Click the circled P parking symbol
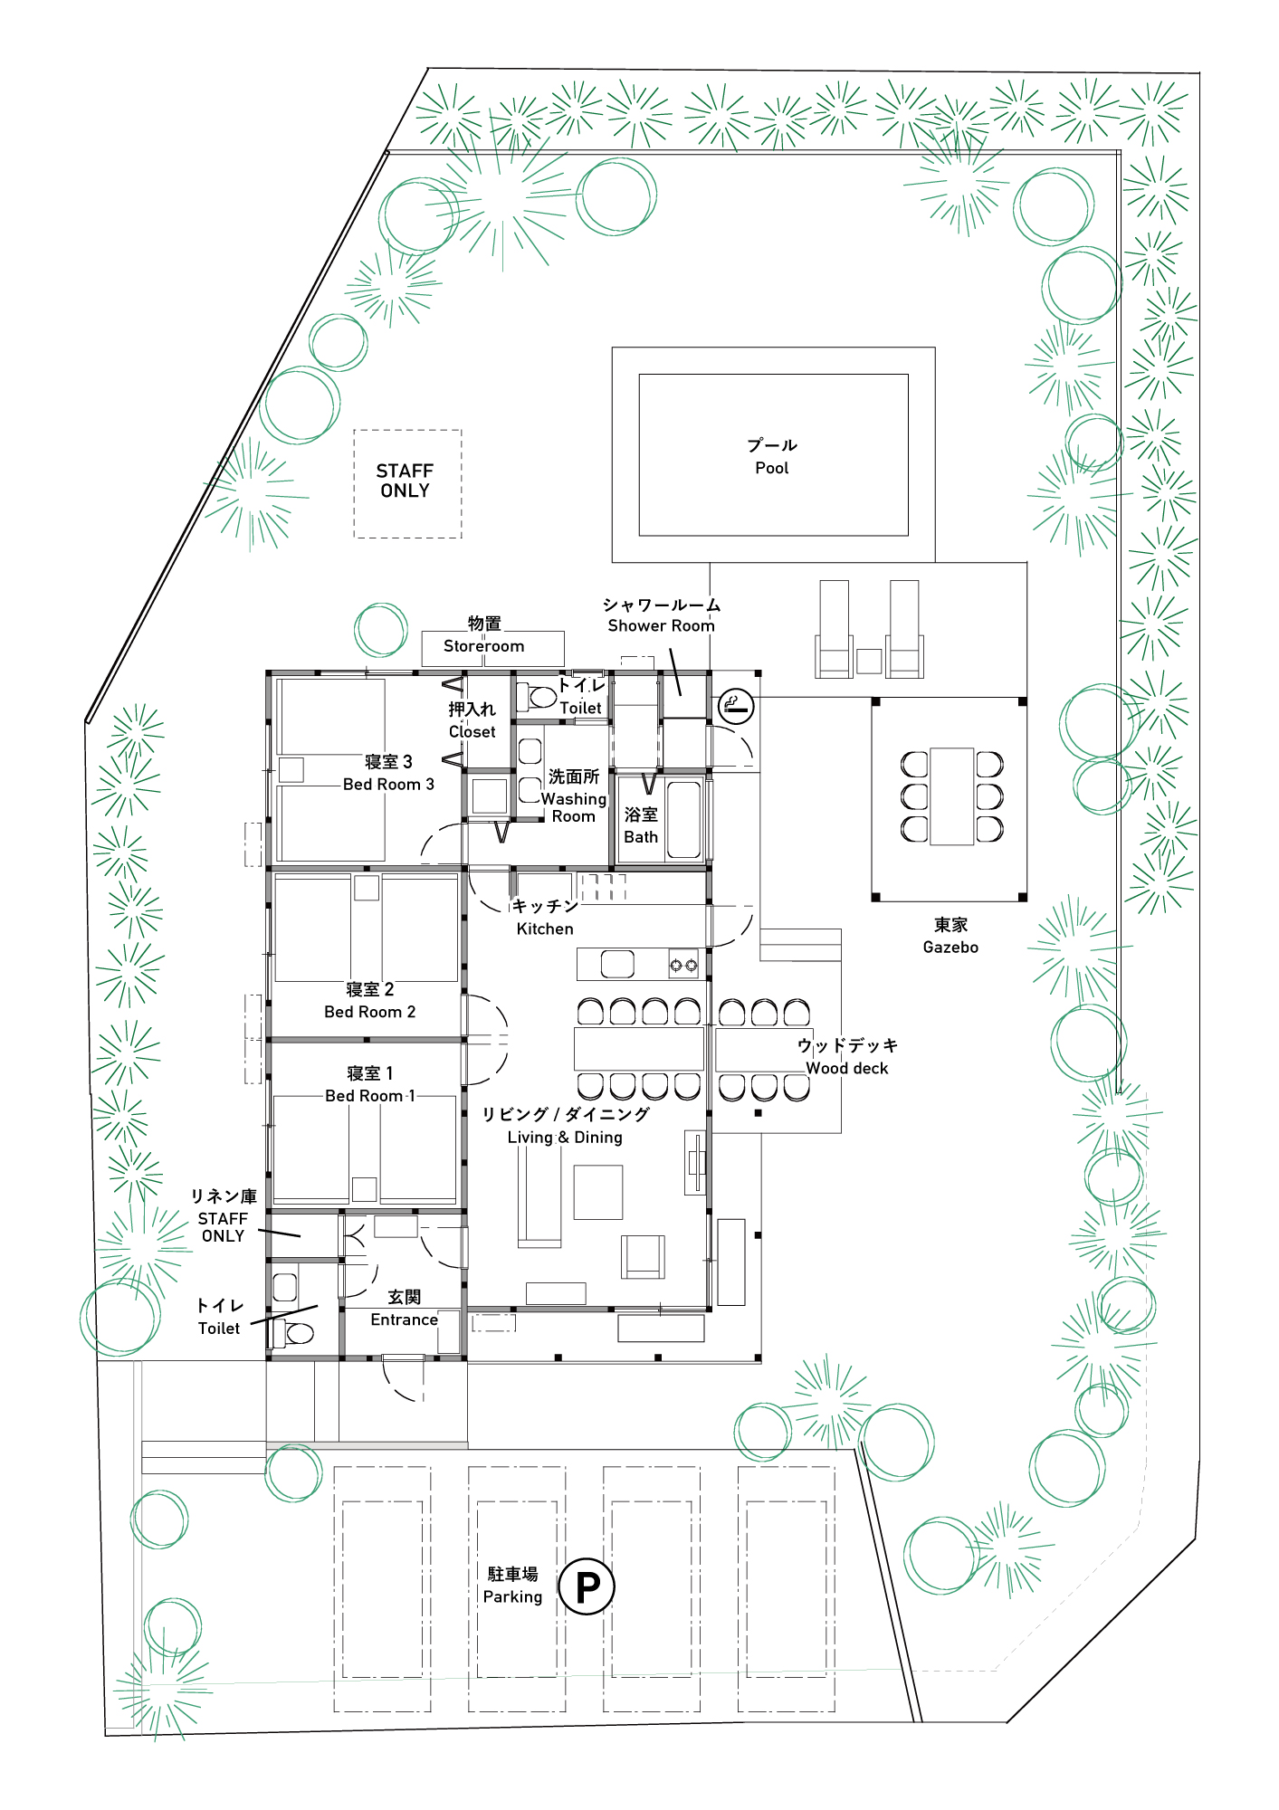(x=587, y=1586)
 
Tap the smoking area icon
(x=737, y=706)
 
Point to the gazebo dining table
(x=951, y=796)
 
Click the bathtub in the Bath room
(x=684, y=819)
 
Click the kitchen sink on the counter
(x=617, y=965)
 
